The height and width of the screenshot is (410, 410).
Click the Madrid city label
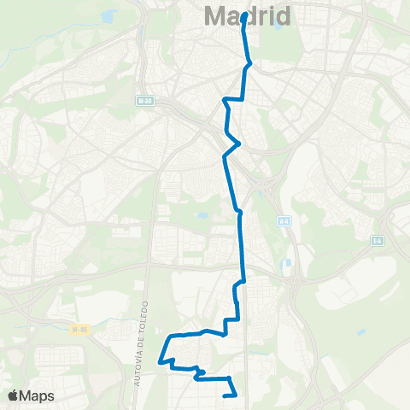coord(248,16)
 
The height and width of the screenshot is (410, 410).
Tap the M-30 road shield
coord(143,101)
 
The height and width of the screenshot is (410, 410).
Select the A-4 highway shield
coord(283,221)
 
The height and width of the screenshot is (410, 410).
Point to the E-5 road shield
coord(377,242)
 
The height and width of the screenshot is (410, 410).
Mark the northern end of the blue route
coord(245,15)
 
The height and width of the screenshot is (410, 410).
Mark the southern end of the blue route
coord(225,395)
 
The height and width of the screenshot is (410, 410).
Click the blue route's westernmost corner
coord(160,363)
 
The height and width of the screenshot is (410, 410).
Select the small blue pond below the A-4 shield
coord(288,263)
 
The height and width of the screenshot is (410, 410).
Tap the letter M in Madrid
coord(214,16)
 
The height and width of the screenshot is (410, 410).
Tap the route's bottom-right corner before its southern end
coord(233,392)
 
